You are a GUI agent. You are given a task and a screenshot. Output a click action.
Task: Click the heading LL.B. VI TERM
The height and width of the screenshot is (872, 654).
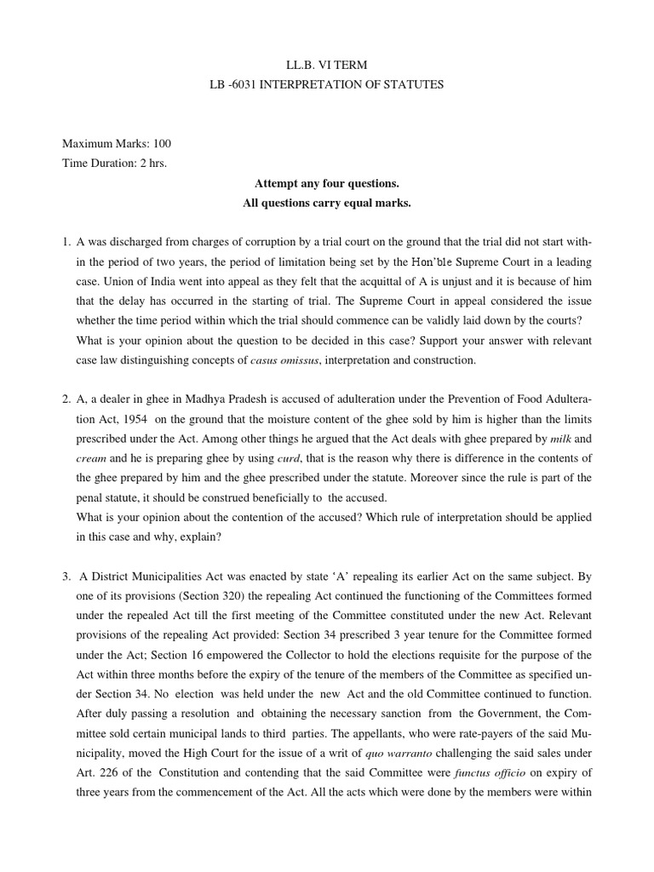pyautogui.click(x=327, y=65)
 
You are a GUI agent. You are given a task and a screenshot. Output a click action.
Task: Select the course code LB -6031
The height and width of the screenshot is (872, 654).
pyautogui.click(x=238, y=85)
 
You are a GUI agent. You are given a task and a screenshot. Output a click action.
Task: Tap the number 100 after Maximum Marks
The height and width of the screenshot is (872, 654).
pyautogui.click(x=162, y=143)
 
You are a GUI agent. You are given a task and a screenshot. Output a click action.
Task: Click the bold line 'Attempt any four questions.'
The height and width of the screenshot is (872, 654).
pyautogui.click(x=327, y=184)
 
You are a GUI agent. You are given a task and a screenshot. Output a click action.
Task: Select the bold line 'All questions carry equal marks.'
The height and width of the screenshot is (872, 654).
pyautogui.click(x=327, y=204)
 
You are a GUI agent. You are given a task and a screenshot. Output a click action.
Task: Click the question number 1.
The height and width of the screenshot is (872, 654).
pyautogui.click(x=66, y=244)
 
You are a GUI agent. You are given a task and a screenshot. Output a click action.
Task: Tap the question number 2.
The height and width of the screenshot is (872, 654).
pyautogui.click(x=66, y=399)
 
